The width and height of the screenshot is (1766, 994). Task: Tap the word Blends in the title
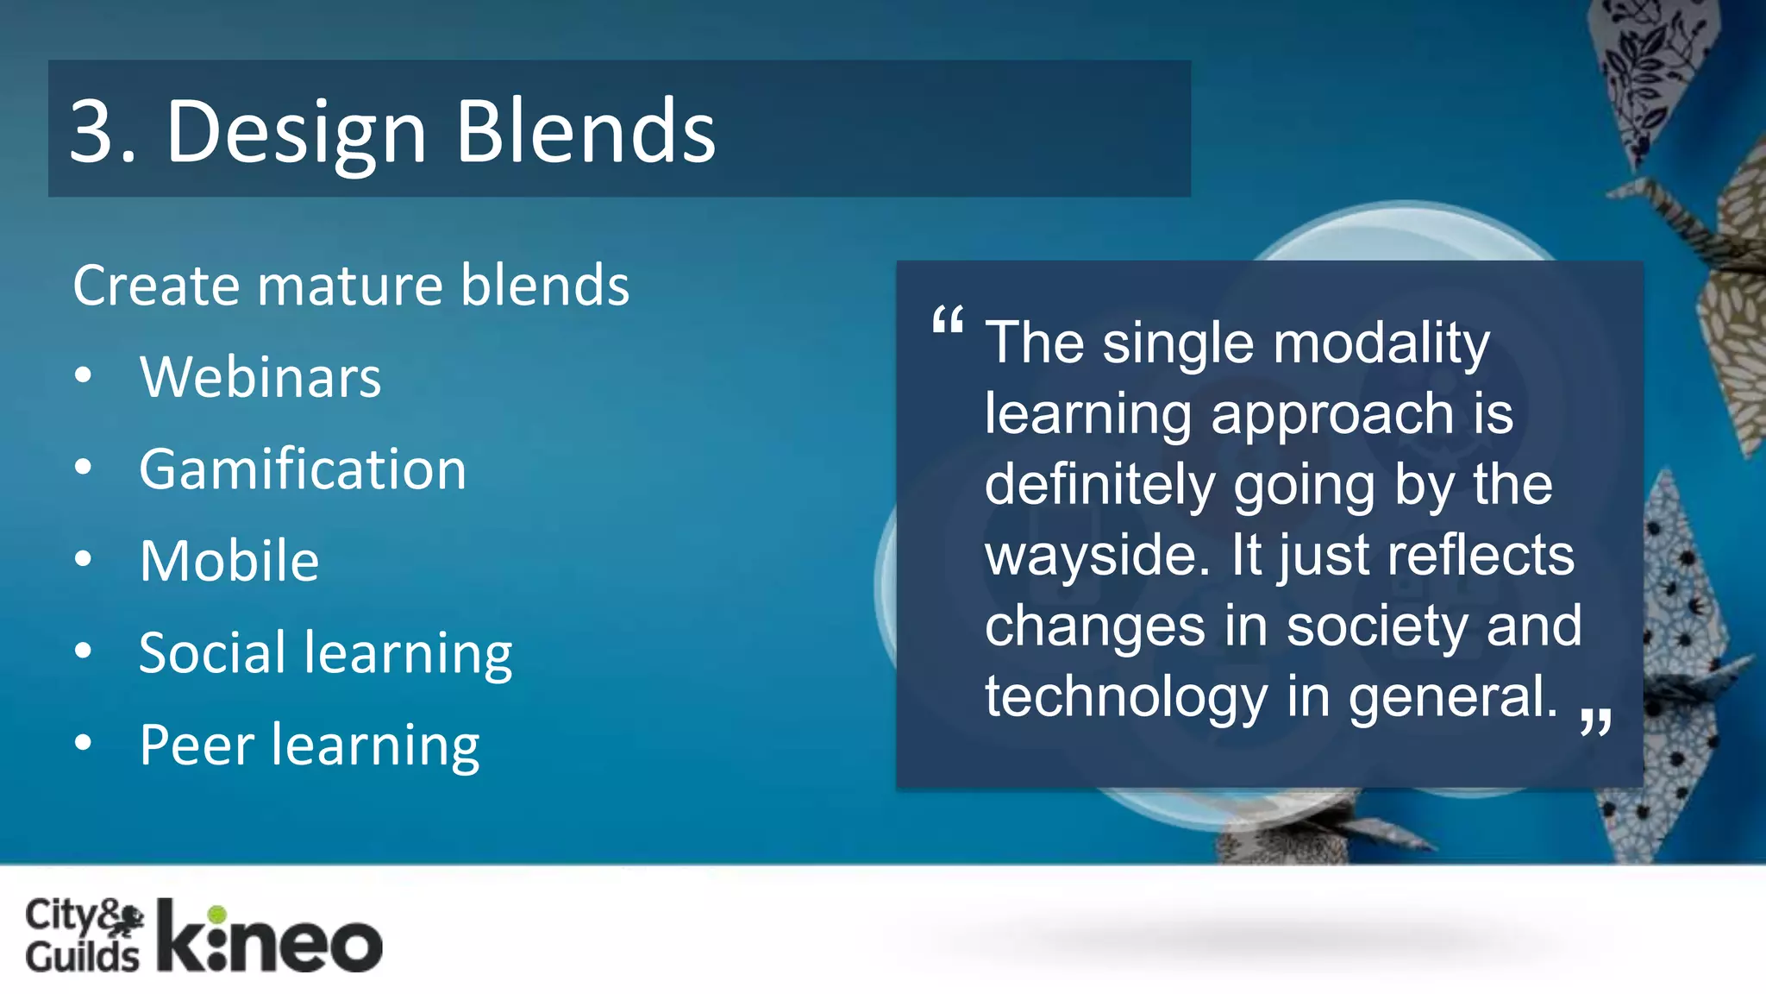(586, 131)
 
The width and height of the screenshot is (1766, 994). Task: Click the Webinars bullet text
(260, 377)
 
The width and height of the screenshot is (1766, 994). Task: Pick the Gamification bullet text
(303, 469)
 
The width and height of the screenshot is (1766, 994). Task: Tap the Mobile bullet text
(229, 561)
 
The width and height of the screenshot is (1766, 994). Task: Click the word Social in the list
(212, 652)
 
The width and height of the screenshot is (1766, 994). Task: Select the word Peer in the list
(197, 745)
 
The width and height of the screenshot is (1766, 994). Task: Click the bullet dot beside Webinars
(83, 375)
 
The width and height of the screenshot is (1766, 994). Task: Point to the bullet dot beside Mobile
(83, 559)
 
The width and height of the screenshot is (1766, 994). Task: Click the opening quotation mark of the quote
(948, 321)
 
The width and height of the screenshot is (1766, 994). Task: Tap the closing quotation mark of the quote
(1596, 720)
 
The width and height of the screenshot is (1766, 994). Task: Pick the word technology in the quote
(1126, 697)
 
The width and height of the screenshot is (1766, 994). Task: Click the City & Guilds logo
(84, 936)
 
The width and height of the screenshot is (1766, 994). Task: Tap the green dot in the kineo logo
(217, 915)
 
